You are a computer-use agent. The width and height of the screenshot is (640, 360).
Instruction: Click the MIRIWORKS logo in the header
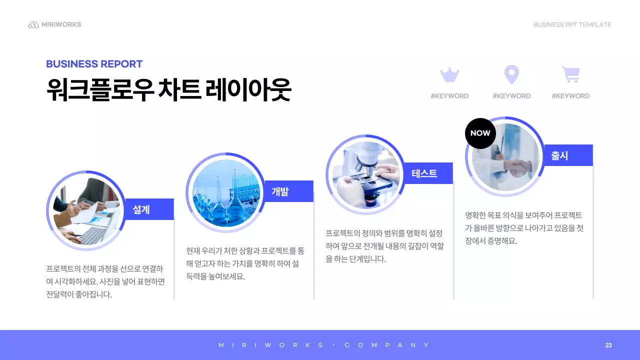pyautogui.click(x=54, y=24)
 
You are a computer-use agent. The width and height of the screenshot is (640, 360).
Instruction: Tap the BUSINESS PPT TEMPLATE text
pyautogui.click(x=572, y=24)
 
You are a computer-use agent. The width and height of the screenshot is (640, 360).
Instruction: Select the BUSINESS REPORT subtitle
pyautogui.click(x=94, y=64)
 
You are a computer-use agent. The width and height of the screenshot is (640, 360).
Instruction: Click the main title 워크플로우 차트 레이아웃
pyautogui.click(x=168, y=90)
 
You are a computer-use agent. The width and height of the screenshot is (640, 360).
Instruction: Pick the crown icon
pyautogui.click(x=449, y=75)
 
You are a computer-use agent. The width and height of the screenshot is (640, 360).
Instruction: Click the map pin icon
pyautogui.click(x=511, y=75)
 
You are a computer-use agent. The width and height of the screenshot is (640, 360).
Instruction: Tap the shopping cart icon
pyautogui.click(x=570, y=75)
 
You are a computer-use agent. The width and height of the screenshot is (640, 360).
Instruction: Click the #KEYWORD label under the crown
pyautogui.click(x=449, y=96)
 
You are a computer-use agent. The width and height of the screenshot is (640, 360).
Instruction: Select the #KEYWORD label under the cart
pyautogui.click(x=570, y=96)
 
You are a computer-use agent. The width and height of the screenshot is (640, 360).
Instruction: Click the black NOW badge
pyautogui.click(x=480, y=133)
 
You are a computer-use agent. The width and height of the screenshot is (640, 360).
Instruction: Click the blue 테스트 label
pyautogui.click(x=425, y=173)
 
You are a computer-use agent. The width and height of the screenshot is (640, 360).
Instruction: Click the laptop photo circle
pyautogui.click(x=85, y=210)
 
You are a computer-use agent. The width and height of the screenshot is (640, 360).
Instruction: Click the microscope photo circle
pyautogui.click(x=365, y=174)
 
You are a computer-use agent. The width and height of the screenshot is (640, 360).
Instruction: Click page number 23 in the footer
pyautogui.click(x=608, y=345)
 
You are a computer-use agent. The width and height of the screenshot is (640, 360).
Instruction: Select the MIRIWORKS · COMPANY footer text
pyautogui.click(x=324, y=345)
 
